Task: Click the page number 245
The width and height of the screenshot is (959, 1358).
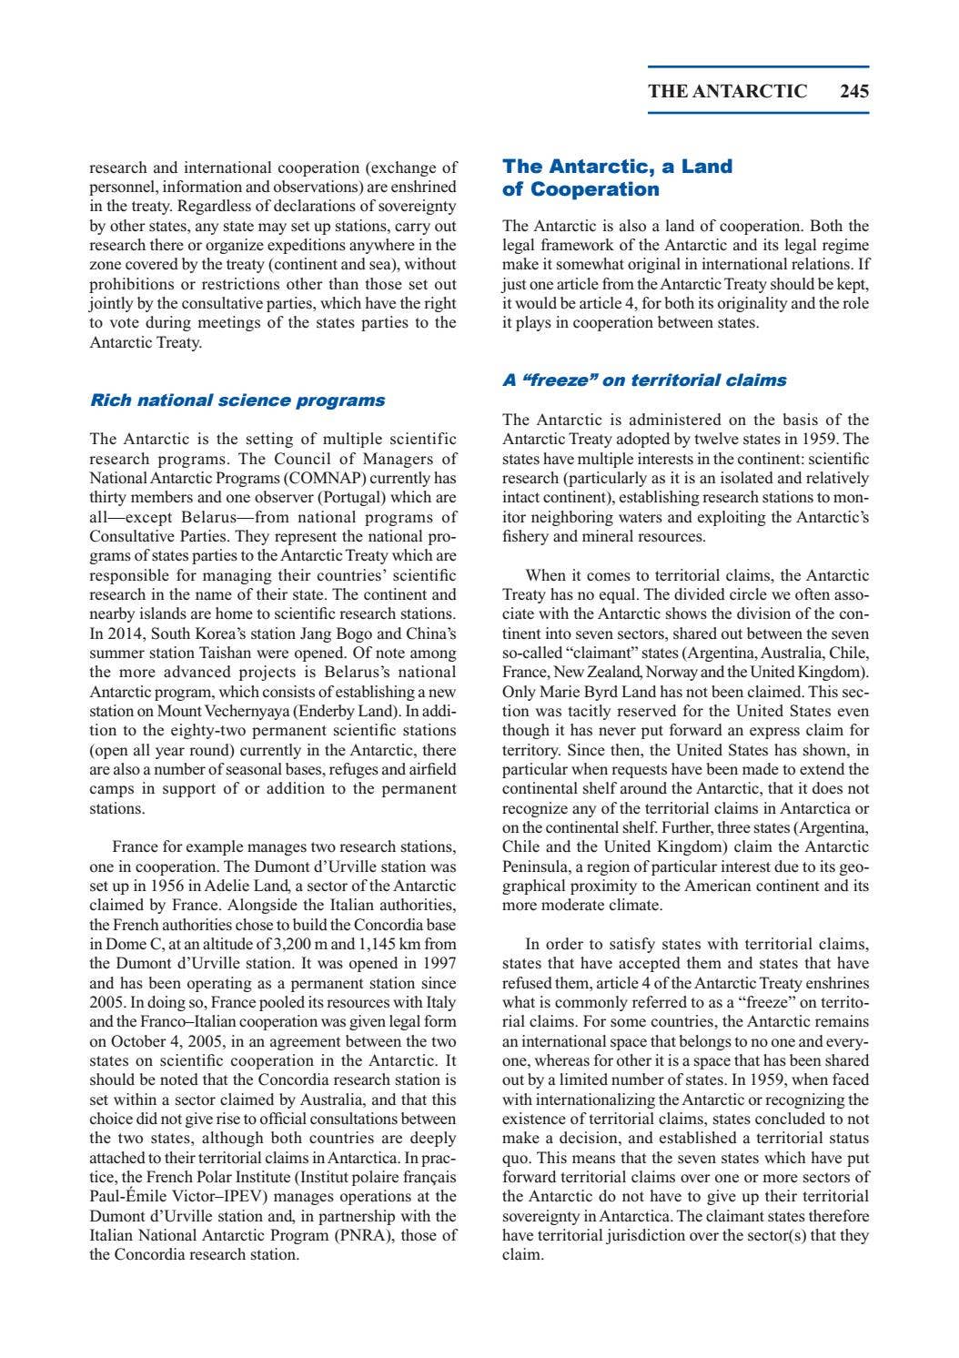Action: (x=854, y=91)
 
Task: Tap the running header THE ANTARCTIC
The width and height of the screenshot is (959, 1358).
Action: (x=727, y=91)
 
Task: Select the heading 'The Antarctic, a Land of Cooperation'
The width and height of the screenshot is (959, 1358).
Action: (x=618, y=177)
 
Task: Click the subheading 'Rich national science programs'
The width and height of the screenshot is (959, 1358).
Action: (x=237, y=400)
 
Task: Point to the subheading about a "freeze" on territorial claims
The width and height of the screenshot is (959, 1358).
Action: (x=644, y=380)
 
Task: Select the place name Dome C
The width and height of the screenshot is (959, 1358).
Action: (x=126, y=944)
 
